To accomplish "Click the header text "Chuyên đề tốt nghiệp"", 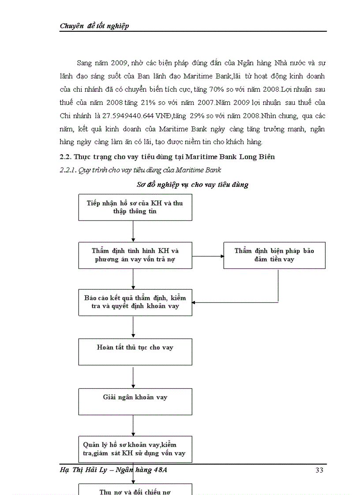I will [x=94, y=26].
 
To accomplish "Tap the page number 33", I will [x=320, y=470].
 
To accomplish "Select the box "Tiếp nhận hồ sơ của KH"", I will [x=135, y=207].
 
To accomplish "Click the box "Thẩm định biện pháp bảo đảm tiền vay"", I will [x=274, y=255].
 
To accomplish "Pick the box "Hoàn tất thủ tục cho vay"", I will [x=135, y=351].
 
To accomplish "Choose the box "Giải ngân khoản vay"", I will [x=135, y=401].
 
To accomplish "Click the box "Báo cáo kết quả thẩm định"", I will [x=135, y=302].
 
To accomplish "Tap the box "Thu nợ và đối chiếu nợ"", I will [x=135, y=490].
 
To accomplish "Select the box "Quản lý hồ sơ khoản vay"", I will [x=135, y=449].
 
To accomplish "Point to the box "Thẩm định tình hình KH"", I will [x=135, y=255].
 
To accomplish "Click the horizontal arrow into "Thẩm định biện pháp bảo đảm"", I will [x=208, y=255].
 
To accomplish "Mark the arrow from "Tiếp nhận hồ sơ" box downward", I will [x=133, y=231].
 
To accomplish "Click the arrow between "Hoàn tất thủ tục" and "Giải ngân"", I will [x=133, y=376].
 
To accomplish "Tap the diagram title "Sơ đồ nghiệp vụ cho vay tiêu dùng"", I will [x=192, y=185].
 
